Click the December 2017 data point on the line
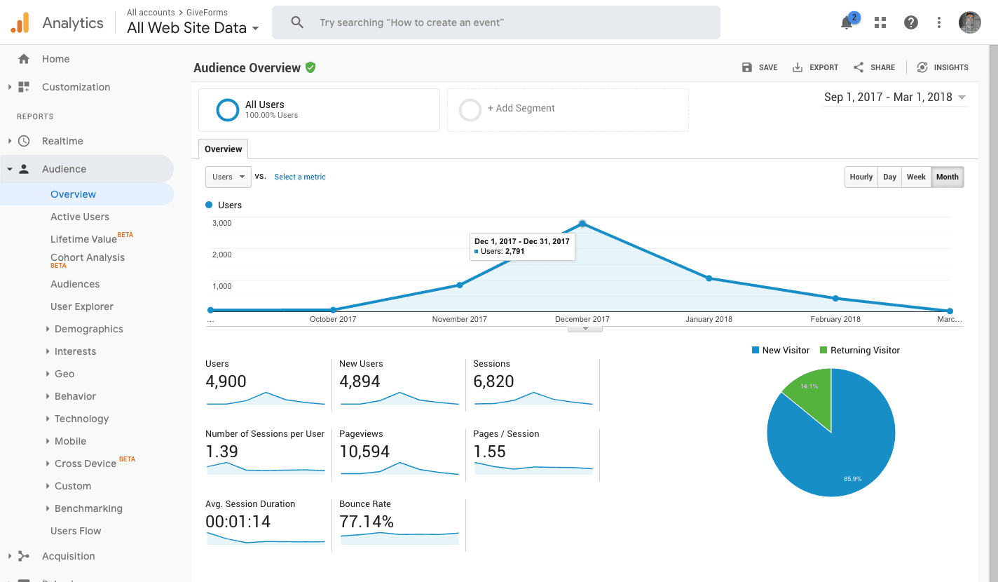tap(582, 224)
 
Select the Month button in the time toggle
tap(947, 177)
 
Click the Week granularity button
tap(916, 177)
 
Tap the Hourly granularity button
tap(861, 177)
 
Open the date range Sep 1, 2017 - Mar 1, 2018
tap(894, 97)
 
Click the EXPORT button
tap(815, 67)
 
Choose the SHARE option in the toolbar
tap(874, 67)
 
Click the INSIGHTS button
tap(943, 67)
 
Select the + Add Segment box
tap(568, 109)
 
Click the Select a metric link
tap(300, 177)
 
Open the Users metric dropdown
tap(228, 177)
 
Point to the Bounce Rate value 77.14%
tap(367, 522)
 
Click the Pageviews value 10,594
tap(364, 452)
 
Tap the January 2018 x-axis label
tap(709, 319)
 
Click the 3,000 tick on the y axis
tap(221, 223)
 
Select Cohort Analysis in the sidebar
tap(88, 257)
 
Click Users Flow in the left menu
tap(76, 531)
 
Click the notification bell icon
tap(847, 23)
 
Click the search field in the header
tap(495, 22)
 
